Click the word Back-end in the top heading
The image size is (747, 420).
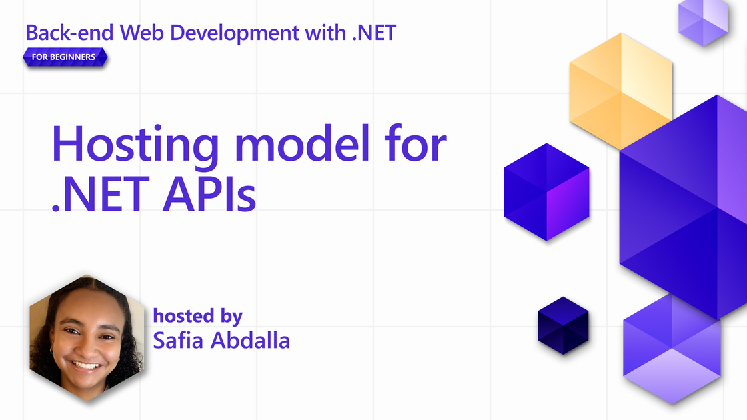pyautogui.click(x=69, y=33)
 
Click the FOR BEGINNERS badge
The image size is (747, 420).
pyautogui.click(x=65, y=57)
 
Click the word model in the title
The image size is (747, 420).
pyautogui.click(x=302, y=143)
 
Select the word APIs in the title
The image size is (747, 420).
pyautogui.click(x=209, y=194)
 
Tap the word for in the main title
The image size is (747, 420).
pyautogui.click(x=416, y=143)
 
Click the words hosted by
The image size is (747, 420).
pyautogui.click(x=197, y=316)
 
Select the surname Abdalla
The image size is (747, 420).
pyautogui.click(x=250, y=340)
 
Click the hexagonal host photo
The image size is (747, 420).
pyautogui.click(x=87, y=337)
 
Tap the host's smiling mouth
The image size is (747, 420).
pyautogui.click(x=86, y=366)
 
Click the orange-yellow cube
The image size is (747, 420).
pyautogui.click(x=621, y=91)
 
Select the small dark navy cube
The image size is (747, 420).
pyautogui.click(x=563, y=326)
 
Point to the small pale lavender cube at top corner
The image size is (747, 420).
pyautogui.click(x=703, y=21)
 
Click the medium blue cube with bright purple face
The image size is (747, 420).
pyautogui.click(x=546, y=192)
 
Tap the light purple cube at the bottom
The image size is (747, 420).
pyautogui.click(x=672, y=350)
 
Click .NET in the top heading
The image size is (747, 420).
pyautogui.click(x=374, y=33)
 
